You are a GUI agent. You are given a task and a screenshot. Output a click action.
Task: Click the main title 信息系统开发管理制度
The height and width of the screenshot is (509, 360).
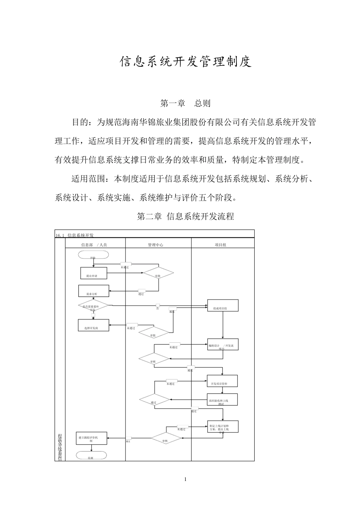pyautogui.click(x=186, y=62)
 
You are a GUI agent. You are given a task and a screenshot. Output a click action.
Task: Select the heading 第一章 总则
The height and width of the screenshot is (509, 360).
pyautogui.click(x=185, y=103)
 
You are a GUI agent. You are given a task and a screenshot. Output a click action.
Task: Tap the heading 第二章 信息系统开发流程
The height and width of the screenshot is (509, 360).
pyautogui.click(x=185, y=217)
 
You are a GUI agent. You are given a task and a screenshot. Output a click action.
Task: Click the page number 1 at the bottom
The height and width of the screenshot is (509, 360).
pyautogui.click(x=185, y=479)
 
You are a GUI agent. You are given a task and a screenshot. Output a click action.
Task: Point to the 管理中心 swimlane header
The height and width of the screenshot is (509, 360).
pyautogui.click(x=156, y=245)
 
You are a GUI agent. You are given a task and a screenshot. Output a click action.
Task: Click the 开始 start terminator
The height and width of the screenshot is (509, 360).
pyautogui.click(x=93, y=254)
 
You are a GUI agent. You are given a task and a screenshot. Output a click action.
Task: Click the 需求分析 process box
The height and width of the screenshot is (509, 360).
pyautogui.click(x=94, y=291)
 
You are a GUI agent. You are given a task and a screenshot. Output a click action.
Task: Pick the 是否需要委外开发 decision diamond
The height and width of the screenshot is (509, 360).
pyautogui.click(x=93, y=305)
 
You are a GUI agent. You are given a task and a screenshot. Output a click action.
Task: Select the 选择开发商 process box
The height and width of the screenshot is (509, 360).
pyautogui.click(x=93, y=325)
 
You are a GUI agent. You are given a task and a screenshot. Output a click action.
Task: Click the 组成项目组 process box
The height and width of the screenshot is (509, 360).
pyautogui.click(x=223, y=305)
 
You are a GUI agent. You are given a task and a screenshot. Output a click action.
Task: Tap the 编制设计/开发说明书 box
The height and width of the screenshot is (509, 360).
pyautogui.click(x=223, y=344)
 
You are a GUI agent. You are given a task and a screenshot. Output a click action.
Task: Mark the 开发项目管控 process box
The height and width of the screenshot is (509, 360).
pyautogui.click(x=222, y=381)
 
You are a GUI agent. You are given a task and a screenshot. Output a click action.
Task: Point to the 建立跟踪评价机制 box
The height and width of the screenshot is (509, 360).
pyautogui.click(x=91, y=438)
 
